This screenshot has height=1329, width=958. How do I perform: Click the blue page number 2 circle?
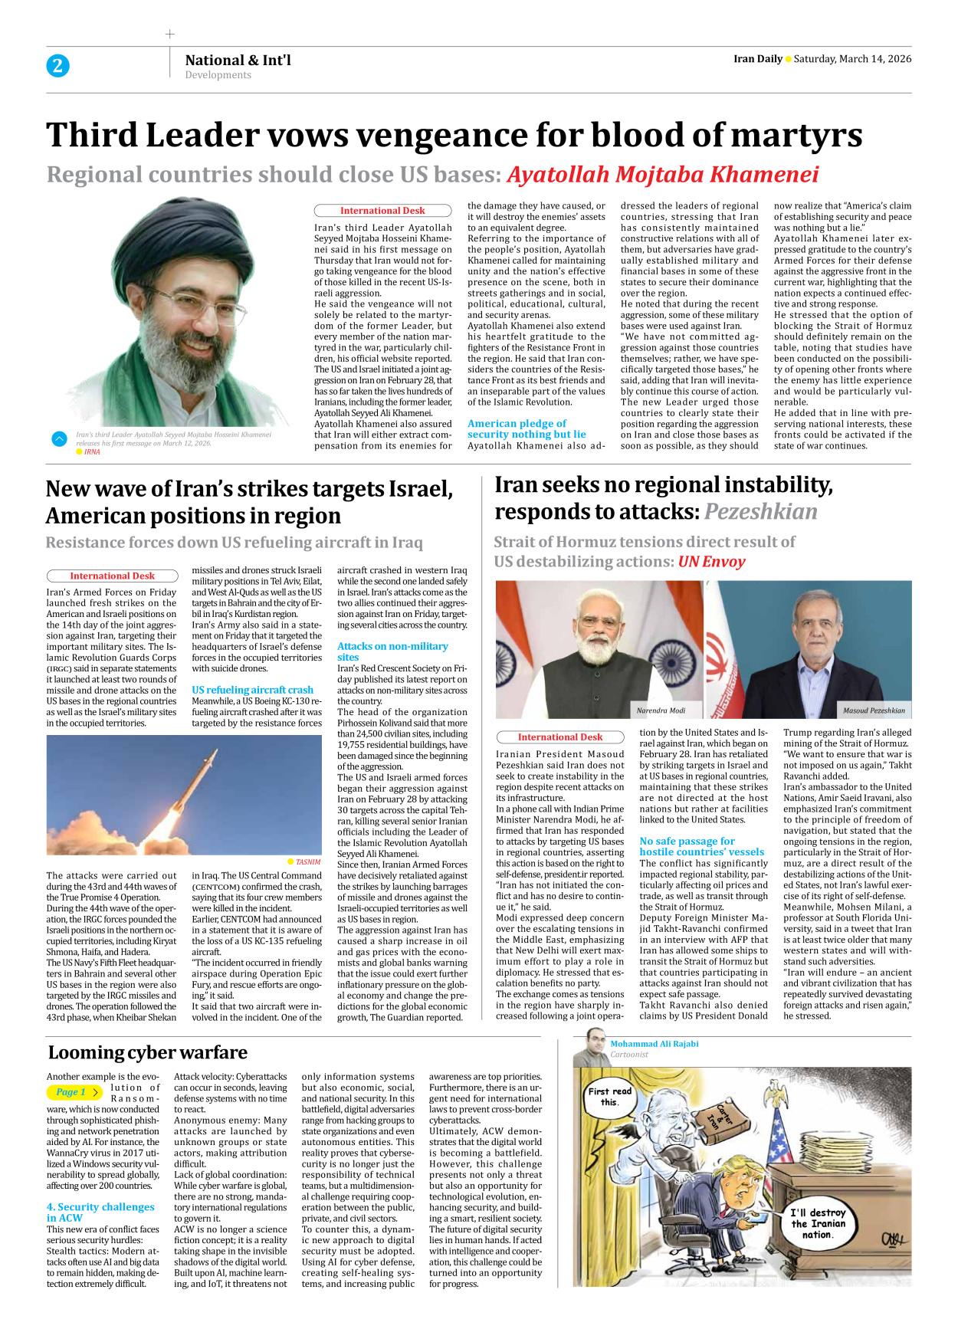coord(57,66)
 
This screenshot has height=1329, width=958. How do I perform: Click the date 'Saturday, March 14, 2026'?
coord(852,59)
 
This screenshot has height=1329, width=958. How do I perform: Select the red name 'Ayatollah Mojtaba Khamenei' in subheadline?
coord(663,175)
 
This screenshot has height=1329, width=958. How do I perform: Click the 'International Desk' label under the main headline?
coord(382,211)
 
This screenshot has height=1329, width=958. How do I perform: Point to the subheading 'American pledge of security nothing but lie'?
coord(527,428)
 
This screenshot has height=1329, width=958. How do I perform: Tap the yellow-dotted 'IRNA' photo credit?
coord(91,452)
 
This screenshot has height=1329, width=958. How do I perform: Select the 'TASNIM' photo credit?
coord(307,862)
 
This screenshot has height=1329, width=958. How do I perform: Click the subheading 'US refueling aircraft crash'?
coord(252,690)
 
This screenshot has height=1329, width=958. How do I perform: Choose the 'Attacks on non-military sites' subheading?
coord(392,651)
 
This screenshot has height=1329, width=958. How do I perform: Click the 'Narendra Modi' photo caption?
coord(661,710)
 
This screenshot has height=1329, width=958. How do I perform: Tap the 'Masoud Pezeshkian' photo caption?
coord(874,710)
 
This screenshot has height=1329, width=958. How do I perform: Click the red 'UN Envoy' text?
coord(711,562)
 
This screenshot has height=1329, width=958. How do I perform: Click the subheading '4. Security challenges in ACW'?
coord(100,1212)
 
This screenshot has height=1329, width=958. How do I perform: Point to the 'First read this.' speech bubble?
coord(609,1097)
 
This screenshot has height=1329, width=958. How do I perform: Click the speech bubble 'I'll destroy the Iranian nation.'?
coord(818,1223)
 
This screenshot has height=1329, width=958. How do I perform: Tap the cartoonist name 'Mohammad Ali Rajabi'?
coord(654,1044)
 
